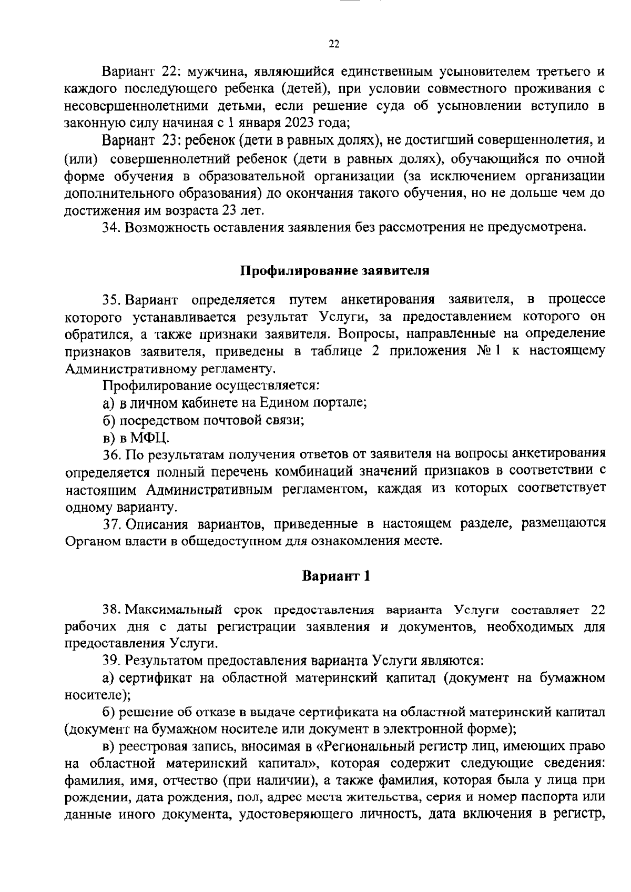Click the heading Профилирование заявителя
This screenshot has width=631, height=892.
pos(335,271)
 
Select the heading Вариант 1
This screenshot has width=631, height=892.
pos(336,576)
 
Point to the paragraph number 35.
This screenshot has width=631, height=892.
pos(112,300)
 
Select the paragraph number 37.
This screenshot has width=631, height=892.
pos(112,523)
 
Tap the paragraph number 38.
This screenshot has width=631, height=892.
pos(112,610)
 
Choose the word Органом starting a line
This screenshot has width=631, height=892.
pos(89,541)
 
